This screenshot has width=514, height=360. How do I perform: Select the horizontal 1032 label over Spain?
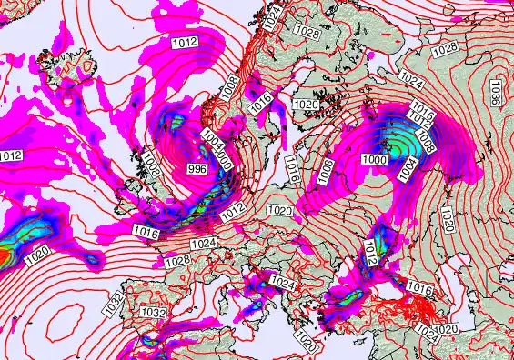[155, 313]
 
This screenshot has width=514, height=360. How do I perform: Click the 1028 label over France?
[177, 261]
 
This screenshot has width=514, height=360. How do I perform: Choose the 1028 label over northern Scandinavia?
[307, 33]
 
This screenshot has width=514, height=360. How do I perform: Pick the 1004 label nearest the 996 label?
[212, 139]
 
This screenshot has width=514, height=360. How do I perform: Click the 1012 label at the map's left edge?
[10, 156]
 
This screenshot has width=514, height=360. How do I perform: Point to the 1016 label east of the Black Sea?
[419, 288]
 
